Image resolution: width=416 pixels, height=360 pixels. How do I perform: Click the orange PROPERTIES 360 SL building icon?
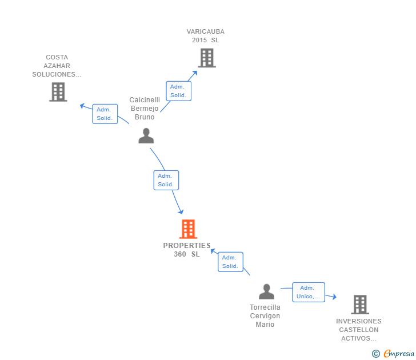(188, 229)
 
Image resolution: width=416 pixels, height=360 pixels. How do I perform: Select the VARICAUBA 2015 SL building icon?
(207, 58)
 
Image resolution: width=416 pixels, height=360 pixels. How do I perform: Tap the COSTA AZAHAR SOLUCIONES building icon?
(58, 92)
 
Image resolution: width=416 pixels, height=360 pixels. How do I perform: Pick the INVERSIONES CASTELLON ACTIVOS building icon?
(359, 305)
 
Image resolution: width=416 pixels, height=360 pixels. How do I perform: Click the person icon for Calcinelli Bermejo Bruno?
(146, 136)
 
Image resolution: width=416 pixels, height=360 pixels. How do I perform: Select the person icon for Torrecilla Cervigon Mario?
(266, 292)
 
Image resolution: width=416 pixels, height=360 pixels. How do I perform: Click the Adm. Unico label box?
(309, 292)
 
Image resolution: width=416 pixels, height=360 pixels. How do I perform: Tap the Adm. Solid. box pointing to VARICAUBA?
(178, 91)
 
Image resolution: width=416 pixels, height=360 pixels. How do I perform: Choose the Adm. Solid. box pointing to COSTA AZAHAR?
(105, 114)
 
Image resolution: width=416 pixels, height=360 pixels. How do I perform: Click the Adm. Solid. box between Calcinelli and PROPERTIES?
(166, 180)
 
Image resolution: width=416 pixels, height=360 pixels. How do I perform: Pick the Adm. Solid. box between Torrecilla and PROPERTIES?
(230, 262)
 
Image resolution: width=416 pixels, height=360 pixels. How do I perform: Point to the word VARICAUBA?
(205, 32)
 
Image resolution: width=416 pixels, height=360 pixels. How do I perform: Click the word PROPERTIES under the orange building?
(187, 246)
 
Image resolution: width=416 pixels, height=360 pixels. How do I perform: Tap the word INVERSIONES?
(358, 321)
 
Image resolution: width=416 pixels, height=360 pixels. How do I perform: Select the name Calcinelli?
(145, 100)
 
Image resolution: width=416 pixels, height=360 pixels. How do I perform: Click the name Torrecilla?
(265, 307)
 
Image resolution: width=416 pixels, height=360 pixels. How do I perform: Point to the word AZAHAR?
(57, 66)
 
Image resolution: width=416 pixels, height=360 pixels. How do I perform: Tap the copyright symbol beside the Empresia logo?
(375, 354)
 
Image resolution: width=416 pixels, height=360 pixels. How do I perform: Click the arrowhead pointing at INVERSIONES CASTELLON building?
(334, 297)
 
